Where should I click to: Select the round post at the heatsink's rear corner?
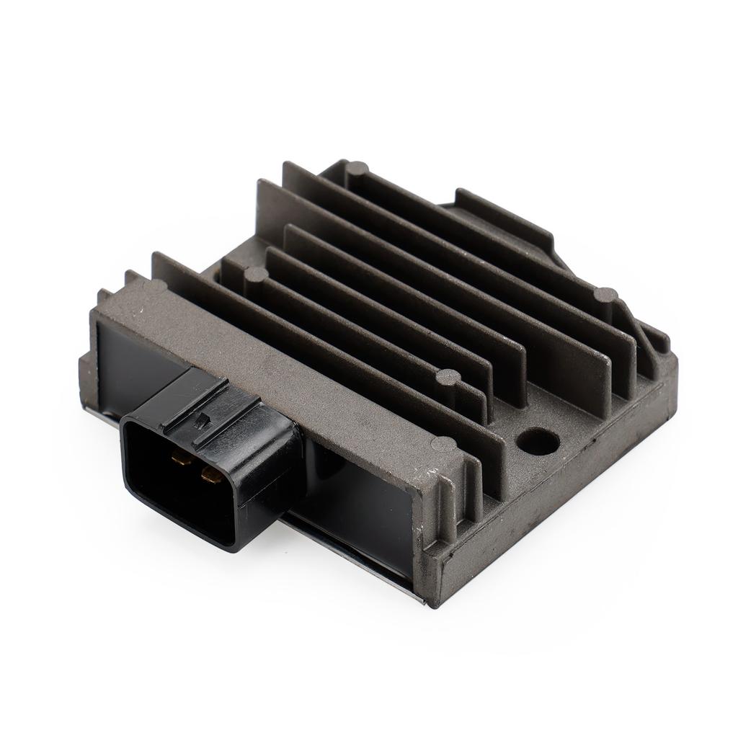point(357,170)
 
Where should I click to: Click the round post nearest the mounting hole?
point(448,376)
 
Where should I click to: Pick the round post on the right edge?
point(605,295)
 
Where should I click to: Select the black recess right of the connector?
point(360,504)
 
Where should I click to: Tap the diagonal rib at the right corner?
point(645,346)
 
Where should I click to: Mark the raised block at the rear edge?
point(504,216)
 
